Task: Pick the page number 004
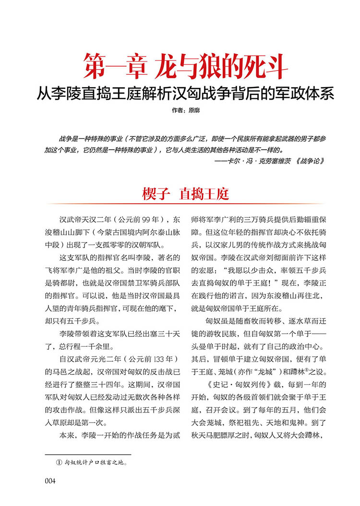click(x=50, y=481)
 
